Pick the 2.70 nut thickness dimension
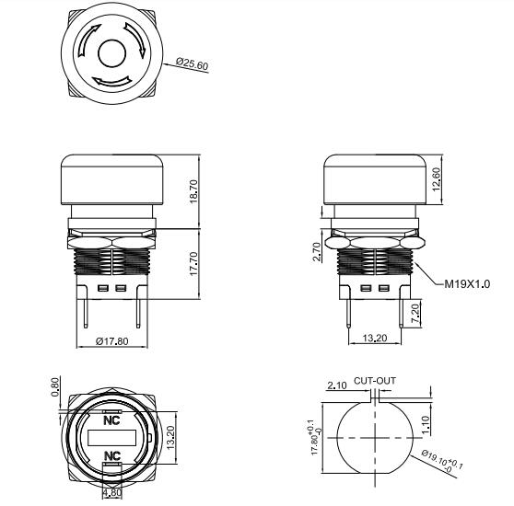[x=315, y=251]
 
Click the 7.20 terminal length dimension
[x=416, y=313]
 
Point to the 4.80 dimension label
[x=111, y=493]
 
